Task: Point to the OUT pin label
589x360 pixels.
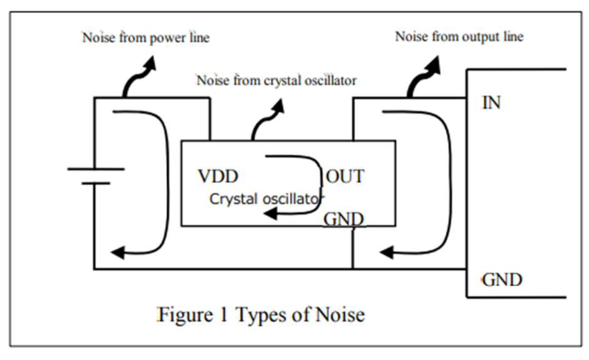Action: tap(345, 177)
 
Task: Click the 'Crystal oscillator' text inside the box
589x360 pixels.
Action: tap(266, 198)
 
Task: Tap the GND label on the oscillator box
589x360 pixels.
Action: tap(344, 219)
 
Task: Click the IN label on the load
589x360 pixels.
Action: tap(493, 104)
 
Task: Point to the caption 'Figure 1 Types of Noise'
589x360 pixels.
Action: tap(261, 314)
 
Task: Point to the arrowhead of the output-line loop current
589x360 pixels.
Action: tap(387, 252)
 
